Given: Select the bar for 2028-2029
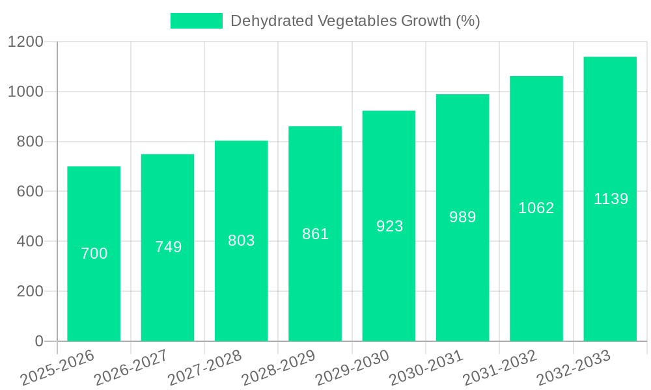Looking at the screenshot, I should [x=315, y=292].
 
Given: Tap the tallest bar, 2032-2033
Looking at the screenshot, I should [x=610, y=273].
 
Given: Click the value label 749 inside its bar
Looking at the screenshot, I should [x=168, y=247].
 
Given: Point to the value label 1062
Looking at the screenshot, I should [x=536, y=208].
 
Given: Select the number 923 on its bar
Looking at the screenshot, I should [x=389, y=226].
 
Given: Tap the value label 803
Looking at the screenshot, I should [x=241, y=240].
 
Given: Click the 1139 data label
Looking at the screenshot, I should [x=611, y=199].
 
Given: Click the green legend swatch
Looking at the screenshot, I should [x=196, y=21].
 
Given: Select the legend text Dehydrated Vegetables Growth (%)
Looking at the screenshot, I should [x=355, y=21].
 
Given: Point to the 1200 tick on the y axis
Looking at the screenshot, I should [x=25, y=42].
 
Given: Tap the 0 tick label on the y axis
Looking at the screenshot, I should [x=38, y=341].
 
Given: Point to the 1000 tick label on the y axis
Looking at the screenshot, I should [x=25, y=92].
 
